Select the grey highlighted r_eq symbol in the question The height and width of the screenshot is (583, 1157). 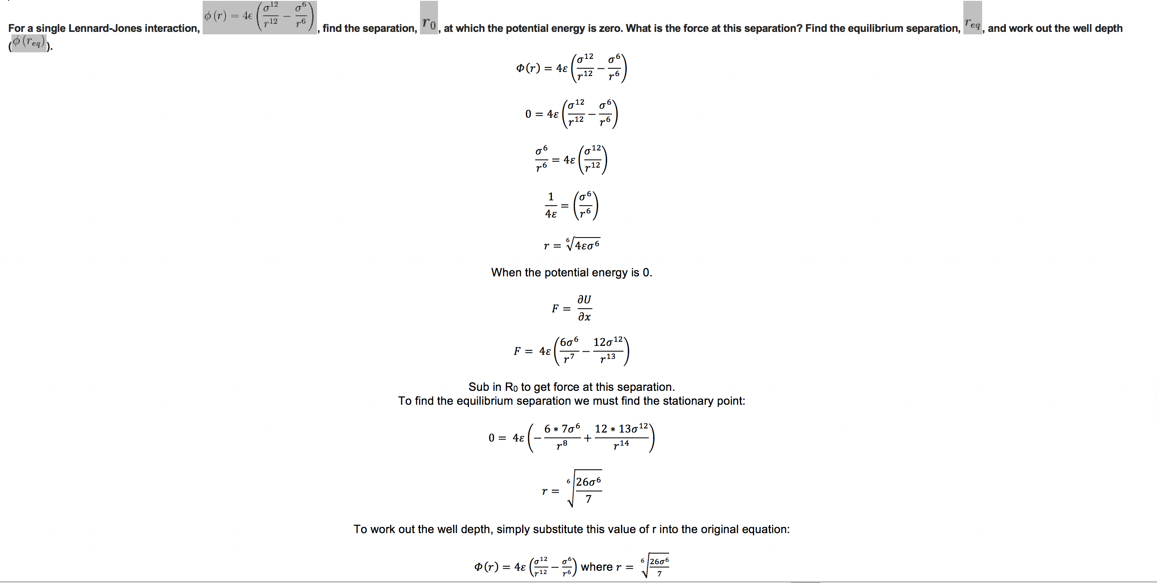972,22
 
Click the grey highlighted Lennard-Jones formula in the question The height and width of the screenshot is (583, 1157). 259,17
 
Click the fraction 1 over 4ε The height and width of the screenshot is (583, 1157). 551,205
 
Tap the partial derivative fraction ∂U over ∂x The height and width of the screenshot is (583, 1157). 584,308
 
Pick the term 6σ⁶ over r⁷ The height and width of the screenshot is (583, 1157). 569,350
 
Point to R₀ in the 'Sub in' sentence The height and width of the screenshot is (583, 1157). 511,387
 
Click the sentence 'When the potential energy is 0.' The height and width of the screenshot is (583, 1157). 571,272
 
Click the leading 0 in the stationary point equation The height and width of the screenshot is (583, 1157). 491,438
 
